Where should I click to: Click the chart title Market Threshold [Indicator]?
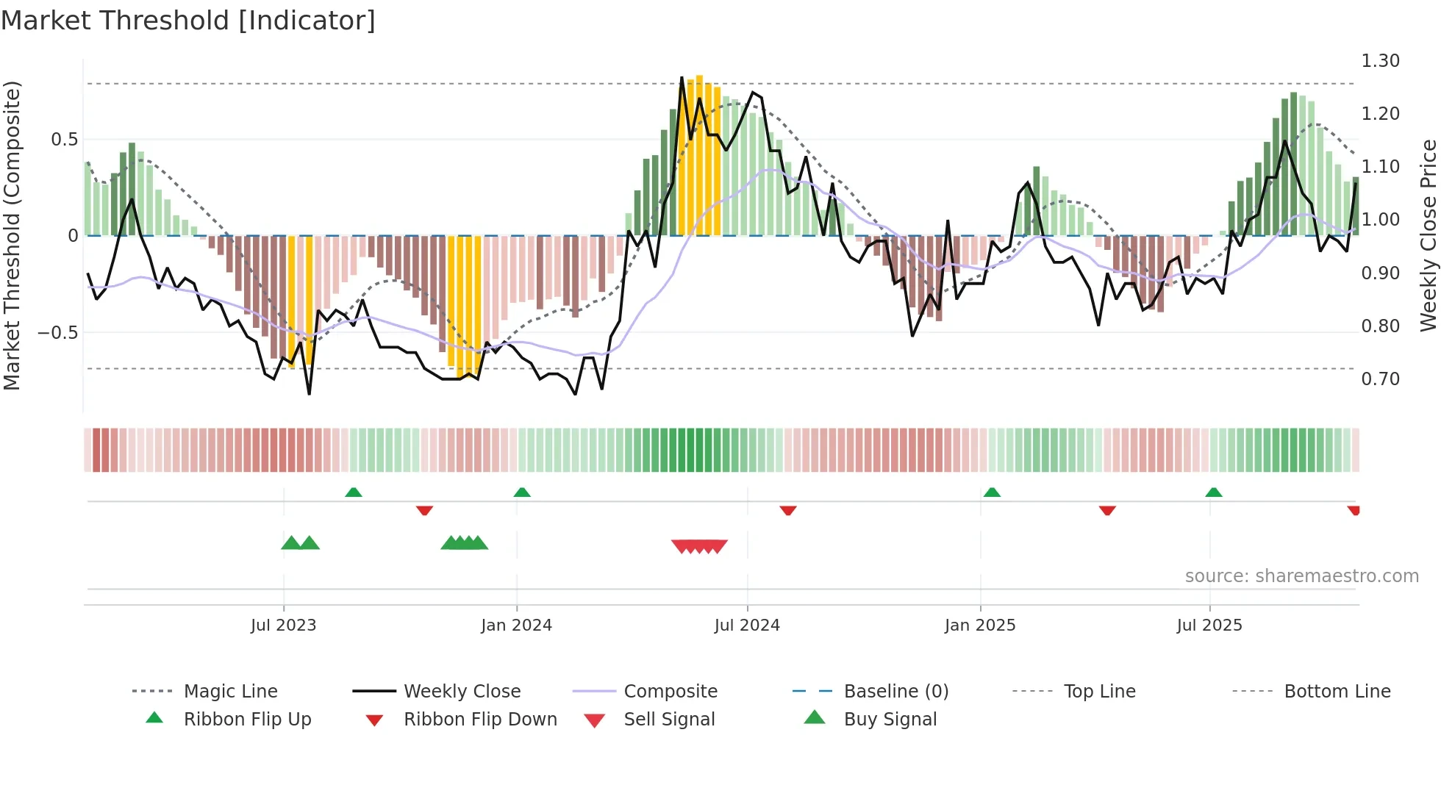188,21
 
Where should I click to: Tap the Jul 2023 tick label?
283,625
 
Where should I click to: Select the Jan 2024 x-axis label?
516,625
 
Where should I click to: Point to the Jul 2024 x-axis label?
747,625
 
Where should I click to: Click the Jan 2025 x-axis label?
980,625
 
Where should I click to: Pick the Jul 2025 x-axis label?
1209,625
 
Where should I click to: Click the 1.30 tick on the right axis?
1380,61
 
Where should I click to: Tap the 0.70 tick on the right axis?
1380,379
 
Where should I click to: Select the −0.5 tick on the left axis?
58,332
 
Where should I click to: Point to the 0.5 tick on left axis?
64,140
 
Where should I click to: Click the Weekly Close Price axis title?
1428,235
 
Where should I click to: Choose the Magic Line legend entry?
230,691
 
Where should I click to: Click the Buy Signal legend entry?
890,719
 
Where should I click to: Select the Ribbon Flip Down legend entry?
480,719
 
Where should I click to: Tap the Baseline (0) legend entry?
895,691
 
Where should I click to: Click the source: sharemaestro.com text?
1301,576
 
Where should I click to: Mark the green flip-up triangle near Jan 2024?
522,492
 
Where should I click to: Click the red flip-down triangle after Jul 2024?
788,509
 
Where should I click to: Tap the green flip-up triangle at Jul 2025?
1214,492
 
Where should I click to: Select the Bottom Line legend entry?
1337,691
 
